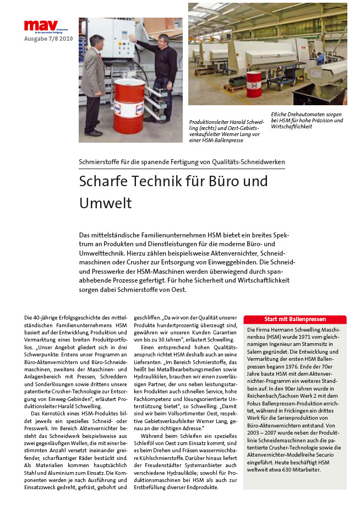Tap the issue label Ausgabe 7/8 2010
click(x=48, y=39)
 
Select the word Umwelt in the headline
click(x=106, y=203)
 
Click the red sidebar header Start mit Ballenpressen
click(x=295, y=320)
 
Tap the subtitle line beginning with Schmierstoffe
click(x=182, y=162)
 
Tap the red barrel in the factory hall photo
click(x=254, y=84)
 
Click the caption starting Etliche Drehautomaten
click(x=307, y=121)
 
